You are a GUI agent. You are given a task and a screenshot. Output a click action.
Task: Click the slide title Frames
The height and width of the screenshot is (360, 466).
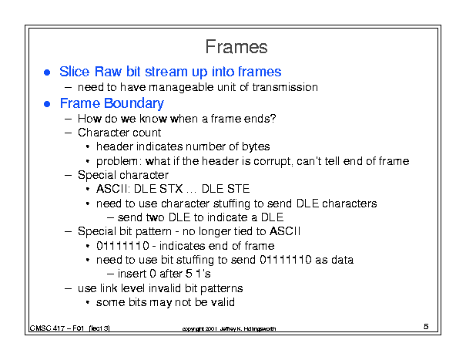pyautogui.click(x=236, y=47)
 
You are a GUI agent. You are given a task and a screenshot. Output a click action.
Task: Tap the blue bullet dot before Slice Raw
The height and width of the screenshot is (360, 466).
pyautogui.click(x=47, y=72)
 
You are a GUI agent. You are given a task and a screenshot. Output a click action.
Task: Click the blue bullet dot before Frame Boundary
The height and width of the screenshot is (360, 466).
pyautogui.click(x=47, y=104)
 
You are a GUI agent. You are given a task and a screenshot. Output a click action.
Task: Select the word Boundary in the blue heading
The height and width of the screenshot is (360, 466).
pyautogui.click(x=134, y=103)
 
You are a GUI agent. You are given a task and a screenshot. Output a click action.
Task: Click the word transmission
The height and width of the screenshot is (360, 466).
pyautogui.click(x=285, y=87)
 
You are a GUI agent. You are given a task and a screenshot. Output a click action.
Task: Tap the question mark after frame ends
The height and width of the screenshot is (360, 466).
pyautogui.click(x=273, y=119)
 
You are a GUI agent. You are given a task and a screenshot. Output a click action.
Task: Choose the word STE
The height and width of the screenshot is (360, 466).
pyautogui.click(x=238, y=189)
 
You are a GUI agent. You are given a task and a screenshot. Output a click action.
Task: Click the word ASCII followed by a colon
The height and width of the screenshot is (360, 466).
pyautogui.click(x=113, y=189)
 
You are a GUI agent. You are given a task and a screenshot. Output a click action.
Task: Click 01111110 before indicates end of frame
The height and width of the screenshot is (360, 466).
pyautogui.click(x=122, y=246)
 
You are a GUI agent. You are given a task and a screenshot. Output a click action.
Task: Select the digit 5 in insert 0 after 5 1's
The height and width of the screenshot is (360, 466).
pyautogui.click(x=189, y=274)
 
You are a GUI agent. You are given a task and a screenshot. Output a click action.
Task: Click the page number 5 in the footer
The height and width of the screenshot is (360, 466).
pyautogui.click(x=426, y=327)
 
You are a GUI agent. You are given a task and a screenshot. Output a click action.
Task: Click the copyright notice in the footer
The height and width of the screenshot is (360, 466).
pyautogui.click(x=229, y=328)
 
